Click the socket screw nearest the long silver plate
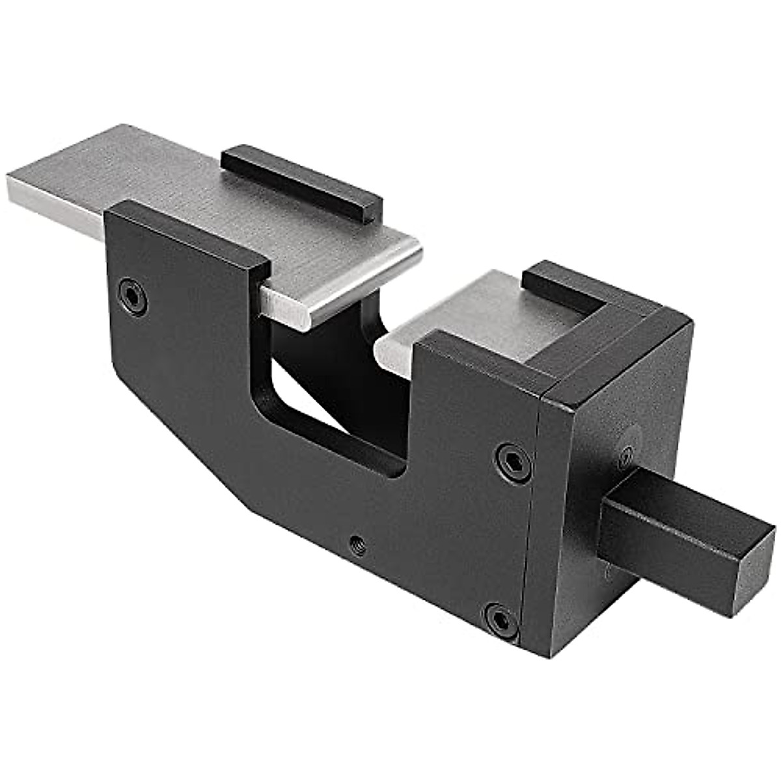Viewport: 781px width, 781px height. tap(133, 296)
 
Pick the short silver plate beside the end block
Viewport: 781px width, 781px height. tap(475, 312)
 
